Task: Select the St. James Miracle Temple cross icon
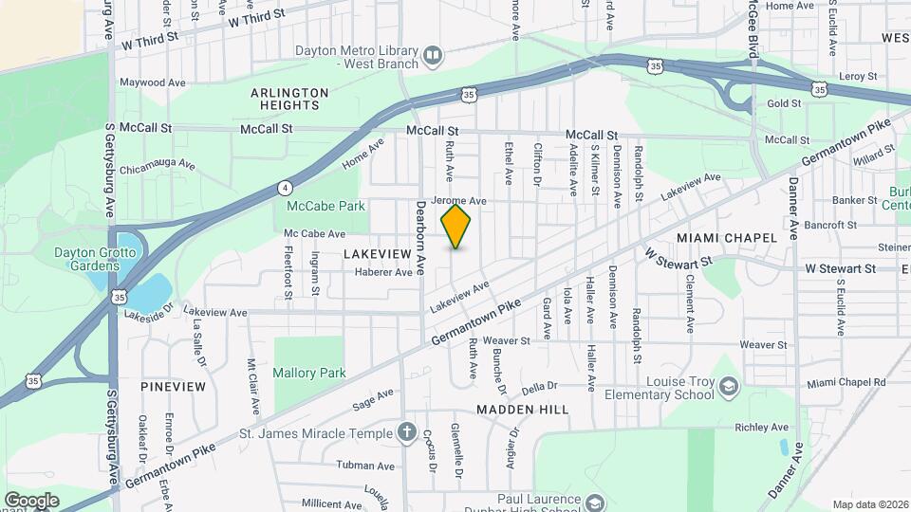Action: tap(407, 433)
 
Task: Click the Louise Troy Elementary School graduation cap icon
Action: tap(728, 387)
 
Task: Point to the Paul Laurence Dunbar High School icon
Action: tap(595, 503)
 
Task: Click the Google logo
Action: tap(31, 501)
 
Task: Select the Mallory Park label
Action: tap(309, 374)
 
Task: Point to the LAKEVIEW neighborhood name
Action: tap(378, 254)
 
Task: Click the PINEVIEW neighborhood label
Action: tap(173, 387)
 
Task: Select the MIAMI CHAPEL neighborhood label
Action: tap(727, 236)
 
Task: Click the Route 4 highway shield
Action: tap(285, 187)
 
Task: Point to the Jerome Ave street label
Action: tap(458, 201)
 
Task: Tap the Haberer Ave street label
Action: tap(383, 272)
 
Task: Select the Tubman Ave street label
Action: tap(365, 466)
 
